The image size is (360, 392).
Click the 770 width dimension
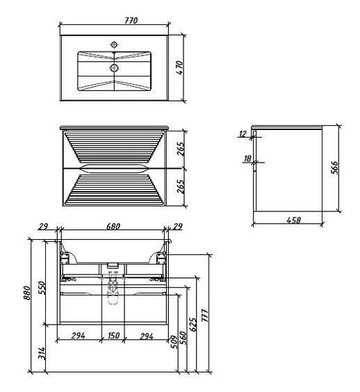click(x=131, y=20)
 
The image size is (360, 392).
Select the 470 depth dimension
click(x=179, y=67)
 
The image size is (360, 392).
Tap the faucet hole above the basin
click(x=114, y=44)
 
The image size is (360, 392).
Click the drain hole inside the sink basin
click(x=114, y=67)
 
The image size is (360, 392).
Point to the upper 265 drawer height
click(x=181, y=149)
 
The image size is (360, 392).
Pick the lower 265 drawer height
click(x=181, y=186)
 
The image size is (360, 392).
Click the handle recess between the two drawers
click(x=114, y=168)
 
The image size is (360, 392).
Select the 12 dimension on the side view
click(x=243, y=134)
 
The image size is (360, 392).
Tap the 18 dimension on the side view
click(x=247, y=158)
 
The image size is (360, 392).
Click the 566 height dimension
click(x=334, y=168)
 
